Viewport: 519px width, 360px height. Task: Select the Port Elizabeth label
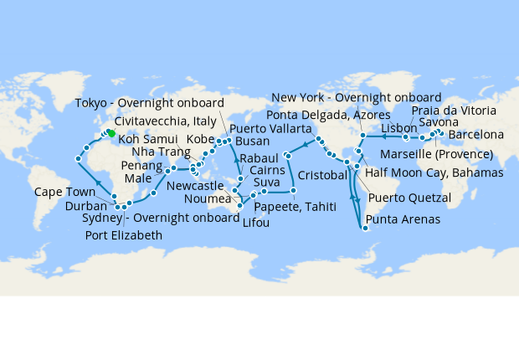pos(124,234)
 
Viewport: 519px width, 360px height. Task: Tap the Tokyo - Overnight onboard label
pos(148,103)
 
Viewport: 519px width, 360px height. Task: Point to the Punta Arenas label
pos(401,222)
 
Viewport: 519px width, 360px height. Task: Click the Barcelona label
pos(475,134)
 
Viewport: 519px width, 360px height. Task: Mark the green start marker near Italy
pos(110,133)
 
